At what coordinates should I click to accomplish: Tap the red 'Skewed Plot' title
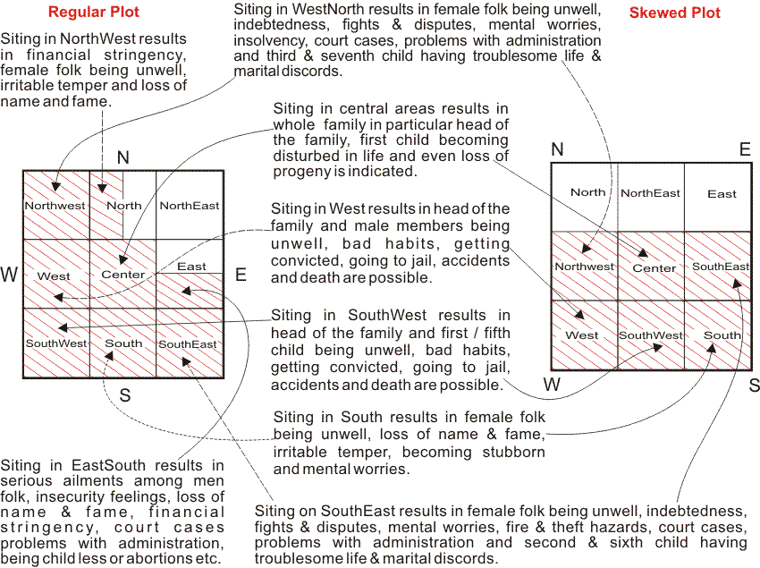pos(674,13)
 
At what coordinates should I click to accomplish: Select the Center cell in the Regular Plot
pos(123,274)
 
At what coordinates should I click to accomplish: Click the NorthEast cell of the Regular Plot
pos(190,206)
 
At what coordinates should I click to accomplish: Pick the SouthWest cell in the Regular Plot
pos(56,343)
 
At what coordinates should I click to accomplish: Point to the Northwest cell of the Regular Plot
pos(55,206)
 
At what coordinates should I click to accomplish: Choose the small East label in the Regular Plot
pos(191,267)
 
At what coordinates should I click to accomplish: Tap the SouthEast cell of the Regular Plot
pos(190,343)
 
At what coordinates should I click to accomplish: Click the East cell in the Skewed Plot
pos(722,193)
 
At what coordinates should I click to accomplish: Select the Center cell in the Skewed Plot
pos(654,267)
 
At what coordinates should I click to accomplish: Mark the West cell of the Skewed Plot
pos(582,335)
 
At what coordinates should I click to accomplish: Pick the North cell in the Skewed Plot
pos(587,192)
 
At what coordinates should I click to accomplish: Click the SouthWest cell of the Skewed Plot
pos(651,335)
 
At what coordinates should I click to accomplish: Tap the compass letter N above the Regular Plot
pos(123,158)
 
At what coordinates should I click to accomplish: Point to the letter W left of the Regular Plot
pos(10,275)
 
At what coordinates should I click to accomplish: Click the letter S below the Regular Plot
pos(124,394)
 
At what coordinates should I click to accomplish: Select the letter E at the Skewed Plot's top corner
pos(744,149)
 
